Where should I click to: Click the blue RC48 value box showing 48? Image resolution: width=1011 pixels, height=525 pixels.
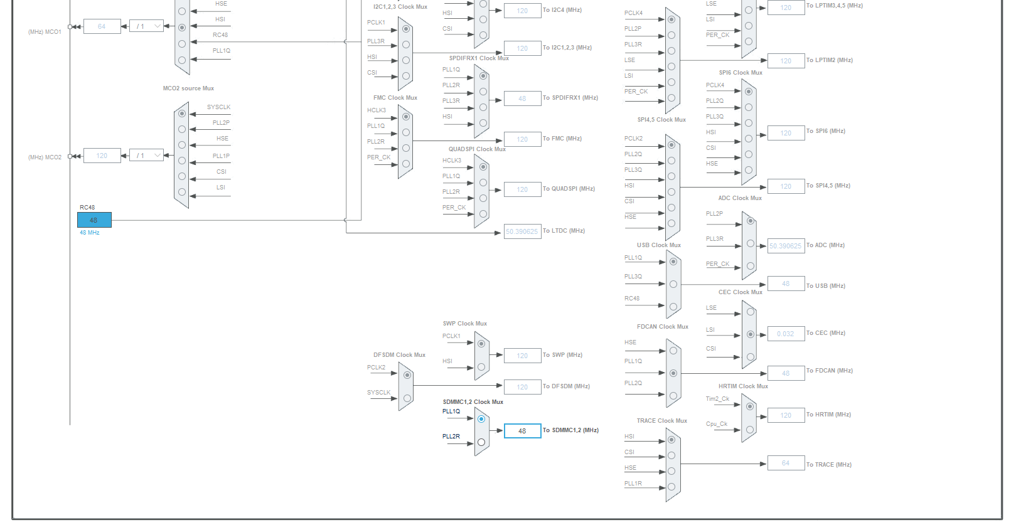pos(94,220)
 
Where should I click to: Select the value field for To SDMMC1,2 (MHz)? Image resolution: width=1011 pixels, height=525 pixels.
pos(522,431)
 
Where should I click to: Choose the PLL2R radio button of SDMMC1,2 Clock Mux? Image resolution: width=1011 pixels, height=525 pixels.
pos(481,442)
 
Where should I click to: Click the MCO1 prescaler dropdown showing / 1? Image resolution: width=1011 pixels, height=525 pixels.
pos(146,26)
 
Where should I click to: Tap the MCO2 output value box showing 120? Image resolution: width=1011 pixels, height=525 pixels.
pos(102,156)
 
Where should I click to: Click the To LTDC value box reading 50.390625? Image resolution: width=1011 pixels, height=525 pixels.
pos(522,231)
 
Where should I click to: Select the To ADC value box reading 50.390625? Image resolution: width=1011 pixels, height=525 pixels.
pos(786,246)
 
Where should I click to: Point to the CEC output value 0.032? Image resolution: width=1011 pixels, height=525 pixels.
pos(786,334)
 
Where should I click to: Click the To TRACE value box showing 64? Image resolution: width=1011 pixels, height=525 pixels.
pos(786,463)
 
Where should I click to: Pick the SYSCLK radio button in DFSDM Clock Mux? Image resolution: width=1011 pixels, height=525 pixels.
pos(407,398)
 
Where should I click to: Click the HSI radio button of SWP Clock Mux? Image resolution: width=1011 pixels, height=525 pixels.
pos(481,367)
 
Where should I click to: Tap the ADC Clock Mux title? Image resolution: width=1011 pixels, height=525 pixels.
pos(740,198)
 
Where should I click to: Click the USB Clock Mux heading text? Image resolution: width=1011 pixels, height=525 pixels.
pos(658,245)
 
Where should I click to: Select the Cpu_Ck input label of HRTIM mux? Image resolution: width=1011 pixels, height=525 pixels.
pos(716,424)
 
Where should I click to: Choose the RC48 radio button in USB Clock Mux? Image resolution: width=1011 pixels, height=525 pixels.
pos(673,307)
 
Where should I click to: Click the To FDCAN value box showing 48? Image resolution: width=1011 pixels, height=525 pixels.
pos(786,373)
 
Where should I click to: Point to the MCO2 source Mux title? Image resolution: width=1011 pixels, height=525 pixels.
pos(188,88)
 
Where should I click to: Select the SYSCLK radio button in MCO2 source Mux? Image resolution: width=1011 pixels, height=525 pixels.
pos(182,114)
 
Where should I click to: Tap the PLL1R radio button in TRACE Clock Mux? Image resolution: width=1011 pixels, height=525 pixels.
pos(671,487)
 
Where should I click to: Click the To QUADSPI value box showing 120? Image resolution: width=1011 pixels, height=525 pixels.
pos(522,189)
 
